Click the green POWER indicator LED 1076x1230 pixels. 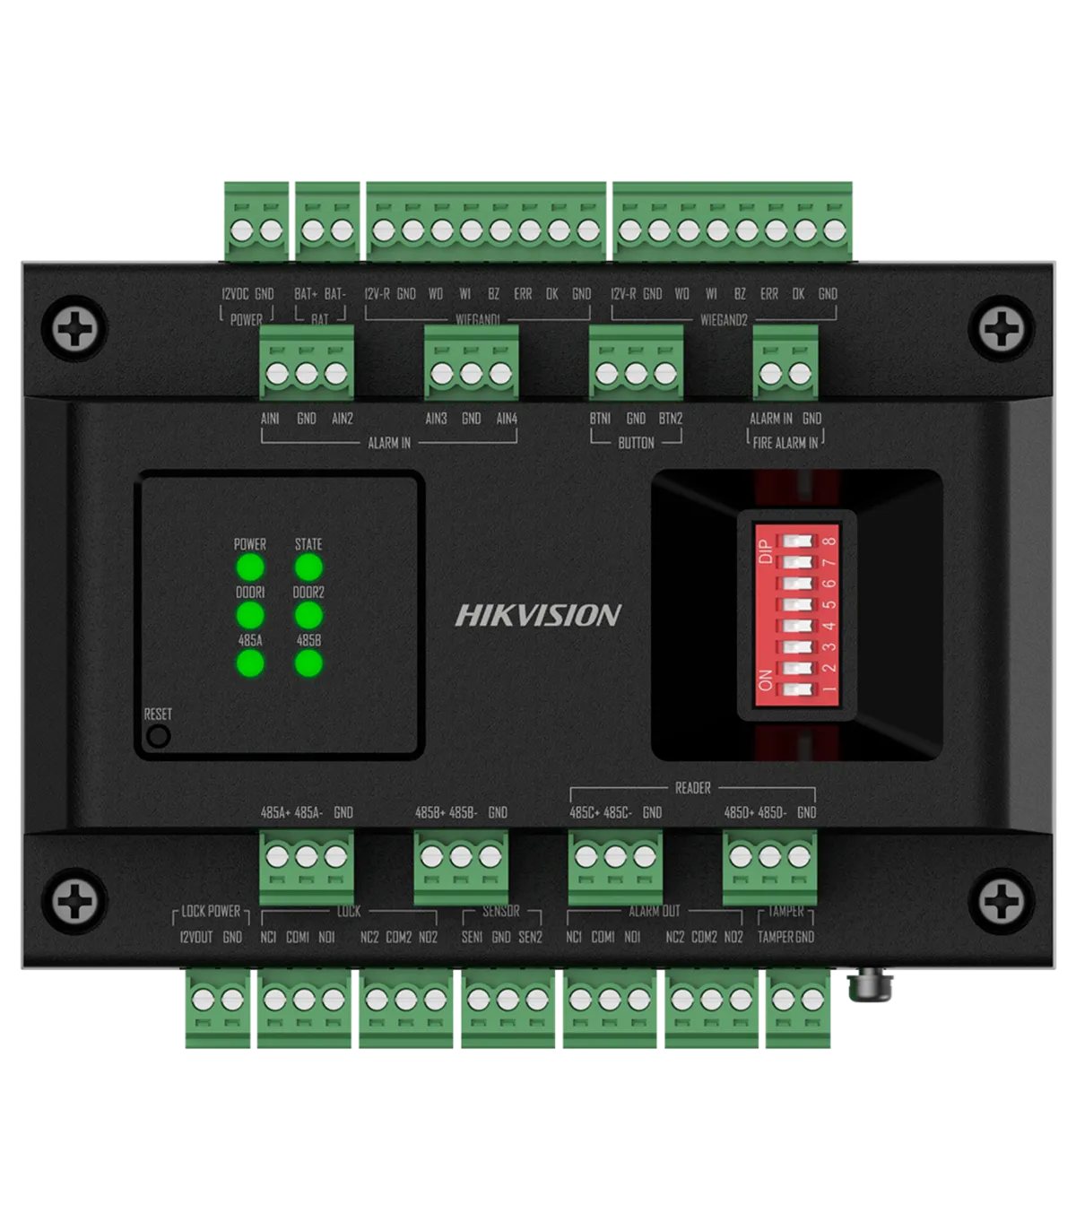pos(249,567)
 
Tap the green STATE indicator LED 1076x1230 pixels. pos(308,567)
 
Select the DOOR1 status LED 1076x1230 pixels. pos(249,615)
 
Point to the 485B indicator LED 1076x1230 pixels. pos(308,663)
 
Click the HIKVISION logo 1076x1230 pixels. pos(538,615)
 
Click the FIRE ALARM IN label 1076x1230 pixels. pos(785,442)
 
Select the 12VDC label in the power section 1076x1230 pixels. pos(235,293)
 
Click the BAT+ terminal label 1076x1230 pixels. pos(306,293)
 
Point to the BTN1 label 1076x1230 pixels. pos(600,418)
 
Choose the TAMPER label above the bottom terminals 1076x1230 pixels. pos(785,912)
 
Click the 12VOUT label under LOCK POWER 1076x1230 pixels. pos(196,937)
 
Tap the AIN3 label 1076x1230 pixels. pos(436,418)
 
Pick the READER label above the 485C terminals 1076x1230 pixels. pos(692,788)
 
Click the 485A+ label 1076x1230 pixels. pos(274,812)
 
